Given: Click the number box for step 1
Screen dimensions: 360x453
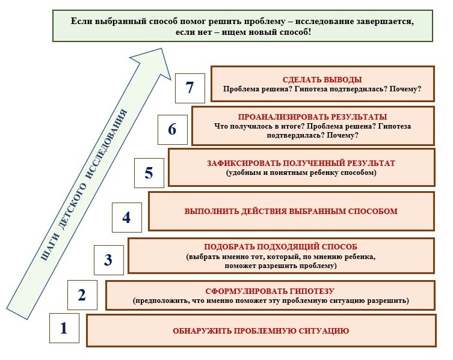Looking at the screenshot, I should [63, 329].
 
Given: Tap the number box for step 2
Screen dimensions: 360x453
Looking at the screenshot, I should [82, 294].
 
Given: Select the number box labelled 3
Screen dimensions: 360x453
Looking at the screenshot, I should [108, 260].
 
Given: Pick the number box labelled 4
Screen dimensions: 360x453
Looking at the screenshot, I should [126, 217].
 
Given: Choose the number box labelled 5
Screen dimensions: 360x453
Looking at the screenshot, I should [149, 173].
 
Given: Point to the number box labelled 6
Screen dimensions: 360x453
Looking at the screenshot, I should [172, 129].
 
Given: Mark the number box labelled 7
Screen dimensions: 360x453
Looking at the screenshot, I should [190, 88].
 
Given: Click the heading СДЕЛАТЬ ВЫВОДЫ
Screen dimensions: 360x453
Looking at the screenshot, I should [322, 79].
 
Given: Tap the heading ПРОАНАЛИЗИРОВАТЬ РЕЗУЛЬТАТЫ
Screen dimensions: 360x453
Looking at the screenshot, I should [312, 117].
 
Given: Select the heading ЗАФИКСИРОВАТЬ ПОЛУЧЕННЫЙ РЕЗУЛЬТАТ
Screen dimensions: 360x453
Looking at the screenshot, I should [301, 163].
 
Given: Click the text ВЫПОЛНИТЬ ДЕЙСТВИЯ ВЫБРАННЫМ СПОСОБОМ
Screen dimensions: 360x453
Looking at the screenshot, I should [291, 212].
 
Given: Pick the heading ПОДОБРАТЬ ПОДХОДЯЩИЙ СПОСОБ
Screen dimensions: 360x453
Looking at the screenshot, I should [281, 248].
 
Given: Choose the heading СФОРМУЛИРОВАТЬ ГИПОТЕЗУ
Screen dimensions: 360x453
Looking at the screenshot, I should [270, 290].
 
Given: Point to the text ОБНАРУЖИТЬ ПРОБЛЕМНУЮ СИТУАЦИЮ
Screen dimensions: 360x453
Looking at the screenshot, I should [261, 331].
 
